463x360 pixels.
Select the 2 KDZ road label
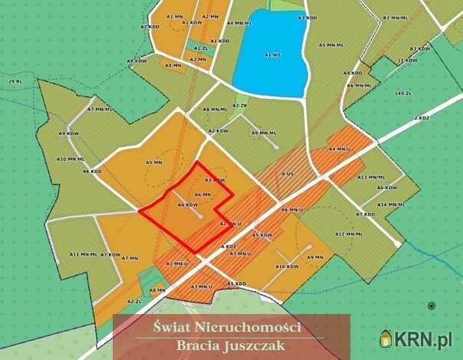coord(420,118)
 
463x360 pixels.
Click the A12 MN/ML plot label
coord(348,234)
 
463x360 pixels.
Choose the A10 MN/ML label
coord(71,159)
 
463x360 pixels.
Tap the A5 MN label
coord(154,162)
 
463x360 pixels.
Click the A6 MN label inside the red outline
coord(202,195)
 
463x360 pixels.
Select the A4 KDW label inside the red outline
coord(188,205)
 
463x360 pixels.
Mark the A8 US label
coord(287,175)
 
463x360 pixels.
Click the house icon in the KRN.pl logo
coord(387,338)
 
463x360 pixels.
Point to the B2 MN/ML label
coord(396,17)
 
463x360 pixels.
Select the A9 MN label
coord(314,257)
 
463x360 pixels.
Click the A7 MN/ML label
coord(100,110)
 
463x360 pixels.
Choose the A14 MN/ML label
coord(391,205)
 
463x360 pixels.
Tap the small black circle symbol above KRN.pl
coord(432,306)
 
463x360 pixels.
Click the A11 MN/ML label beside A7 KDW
coord(84,254)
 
